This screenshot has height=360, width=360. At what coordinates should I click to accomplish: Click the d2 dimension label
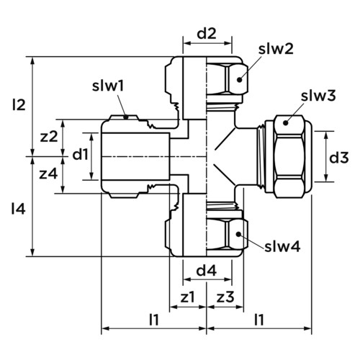(207, 34)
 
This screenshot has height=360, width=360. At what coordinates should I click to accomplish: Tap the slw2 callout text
(276, 49)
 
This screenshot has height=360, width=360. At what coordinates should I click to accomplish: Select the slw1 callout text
(108, 86)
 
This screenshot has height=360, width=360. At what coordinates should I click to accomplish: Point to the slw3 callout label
(318, 96)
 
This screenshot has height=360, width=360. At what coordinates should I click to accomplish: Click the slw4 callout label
(282, 246)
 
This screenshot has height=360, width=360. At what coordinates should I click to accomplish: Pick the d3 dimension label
(338, 158)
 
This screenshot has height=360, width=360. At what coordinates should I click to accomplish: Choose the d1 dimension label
(81, 154)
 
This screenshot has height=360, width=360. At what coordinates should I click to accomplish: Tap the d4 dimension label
(207, 271)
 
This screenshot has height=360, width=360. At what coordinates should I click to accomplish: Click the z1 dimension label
(187, 297)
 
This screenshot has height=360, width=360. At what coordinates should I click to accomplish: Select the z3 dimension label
(225, 297)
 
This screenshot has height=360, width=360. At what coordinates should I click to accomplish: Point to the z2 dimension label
(49, 137)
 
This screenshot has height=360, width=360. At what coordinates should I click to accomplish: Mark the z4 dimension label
(48, 174)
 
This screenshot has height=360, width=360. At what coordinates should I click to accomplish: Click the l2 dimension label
(19, 105)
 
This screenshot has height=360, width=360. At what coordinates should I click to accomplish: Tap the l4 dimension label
(19, 209)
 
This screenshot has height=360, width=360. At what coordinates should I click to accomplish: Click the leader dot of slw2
(239, 79)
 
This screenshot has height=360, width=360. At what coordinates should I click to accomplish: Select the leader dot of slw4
(238, 234)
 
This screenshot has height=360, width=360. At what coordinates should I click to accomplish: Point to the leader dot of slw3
(285, 123)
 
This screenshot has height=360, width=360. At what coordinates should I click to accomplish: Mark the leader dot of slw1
(125, 117)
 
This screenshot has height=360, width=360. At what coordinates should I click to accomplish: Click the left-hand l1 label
(154, 320)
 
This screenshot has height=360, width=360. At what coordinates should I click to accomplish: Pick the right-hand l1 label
(259, 320)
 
